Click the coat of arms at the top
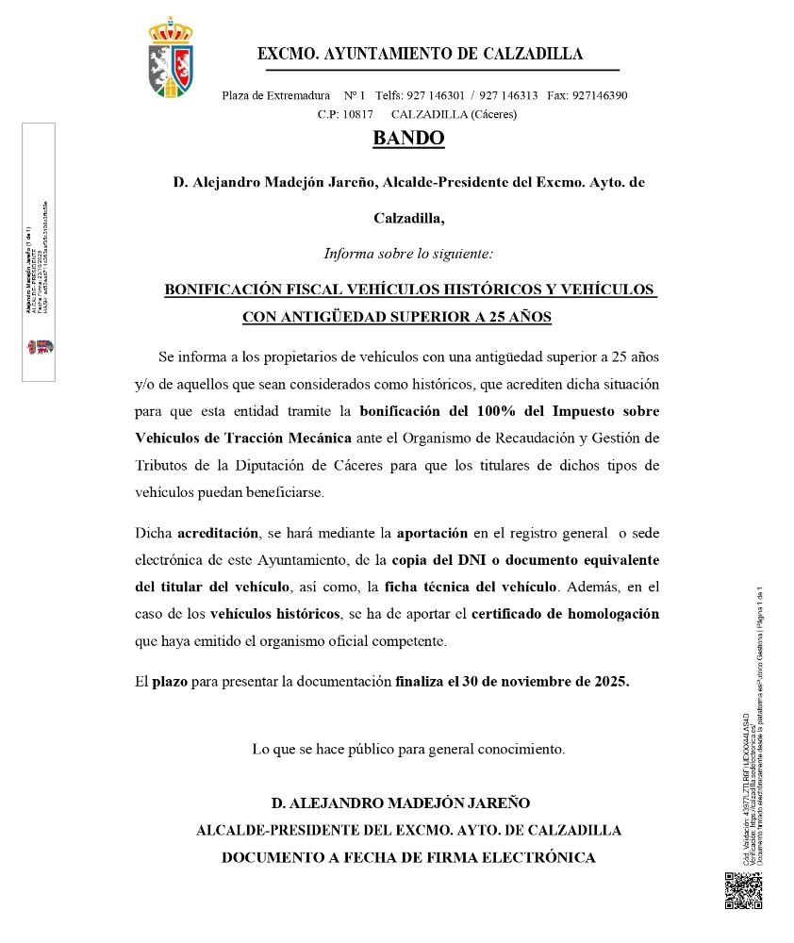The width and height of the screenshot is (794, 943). pyautogui.click(x=172, y=58)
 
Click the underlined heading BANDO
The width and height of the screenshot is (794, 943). pyautogui.click(x=408, y=138)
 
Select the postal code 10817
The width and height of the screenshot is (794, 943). pyautogui.click(x=357, y=114)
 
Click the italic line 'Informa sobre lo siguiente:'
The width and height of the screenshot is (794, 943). pyautogui.click(x=408, y=254)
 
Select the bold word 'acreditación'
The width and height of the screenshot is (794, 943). pyautogui.click(x=217, y=533)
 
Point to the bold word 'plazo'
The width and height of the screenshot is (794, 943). pyautogui.click(x=170, y=680)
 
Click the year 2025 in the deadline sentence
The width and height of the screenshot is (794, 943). pyautogui.click(x=611, y=680)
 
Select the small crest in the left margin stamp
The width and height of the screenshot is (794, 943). pyautogui.click(x=38, y=346)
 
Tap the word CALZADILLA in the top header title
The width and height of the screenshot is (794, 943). pyautogui.click(x=533, y=54)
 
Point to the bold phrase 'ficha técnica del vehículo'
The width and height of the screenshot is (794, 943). pyautogui.click(x=471, y=587)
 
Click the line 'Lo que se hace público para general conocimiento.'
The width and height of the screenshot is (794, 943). pyautogui.click(x=408, y=749)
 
